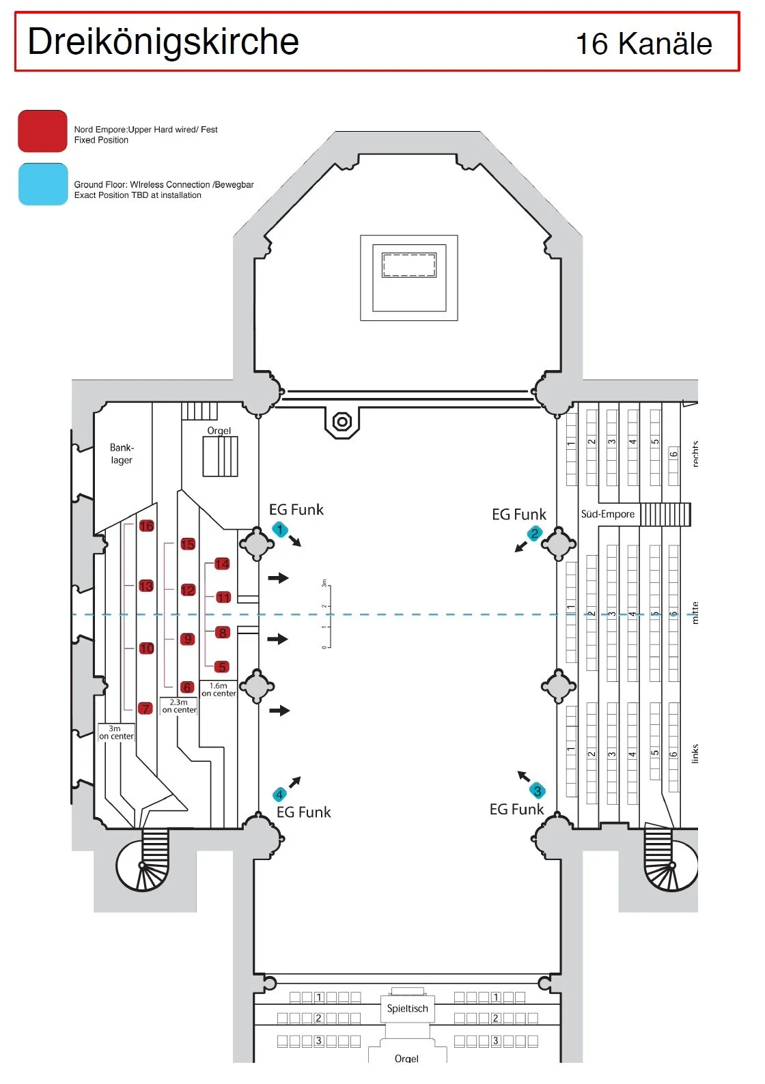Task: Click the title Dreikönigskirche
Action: [163, 42]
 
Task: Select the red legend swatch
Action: [42, 131]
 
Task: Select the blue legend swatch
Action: [42, 184]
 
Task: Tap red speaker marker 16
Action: [146, 526]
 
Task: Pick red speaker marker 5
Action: [221, 667]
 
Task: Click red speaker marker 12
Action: [188, 590]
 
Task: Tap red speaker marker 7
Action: [145, 709]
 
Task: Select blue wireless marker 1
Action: [279, 529]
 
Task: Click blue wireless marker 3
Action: [538, 790]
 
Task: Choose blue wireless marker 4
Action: [279, 795]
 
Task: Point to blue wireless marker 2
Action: [534, 533]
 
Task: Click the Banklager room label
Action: [122, 454]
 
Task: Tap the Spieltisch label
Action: [407, 1008]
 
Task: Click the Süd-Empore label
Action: [607, 514]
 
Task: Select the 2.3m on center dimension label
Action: [179, 706]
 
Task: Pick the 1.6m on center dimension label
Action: [219, 689]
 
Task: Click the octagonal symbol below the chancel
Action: [342, 422]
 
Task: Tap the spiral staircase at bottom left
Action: [142, 866]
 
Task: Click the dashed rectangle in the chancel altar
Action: [408, 265]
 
